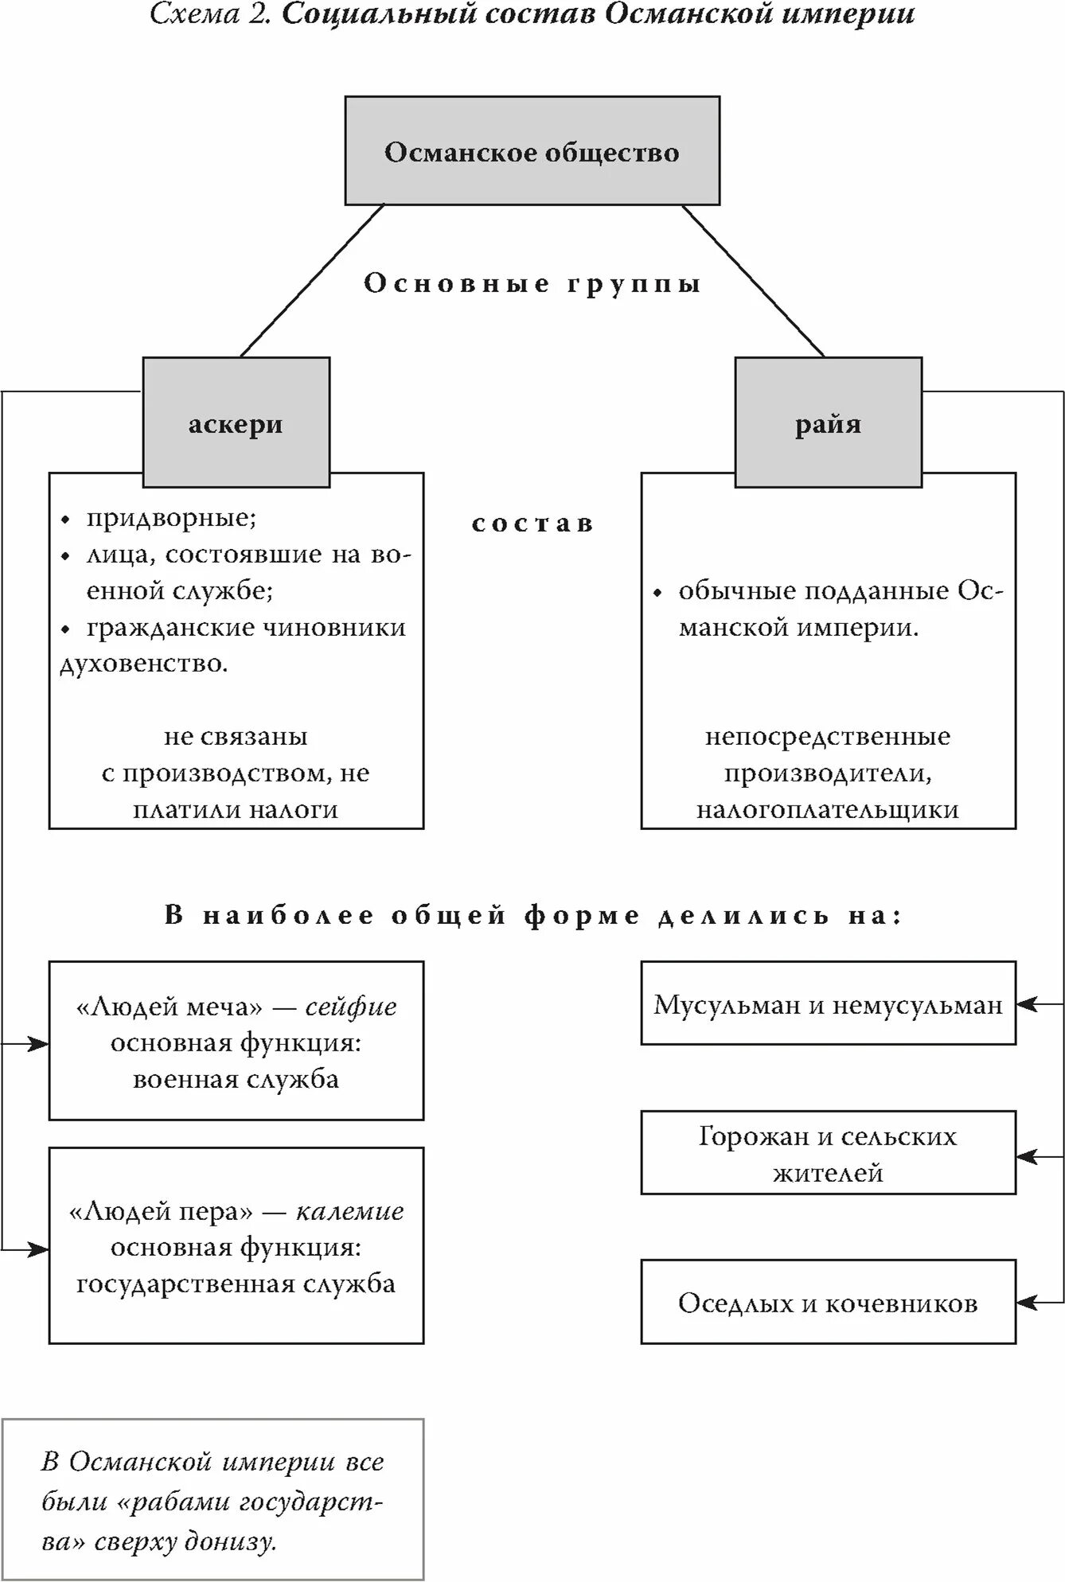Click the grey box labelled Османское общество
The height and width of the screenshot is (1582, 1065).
(x=532, y=151)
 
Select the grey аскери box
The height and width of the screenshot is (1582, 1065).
(x=236, y=423)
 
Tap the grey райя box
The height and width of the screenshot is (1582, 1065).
(x=828, y=423)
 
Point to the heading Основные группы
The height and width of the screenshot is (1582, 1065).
(x=532, y=284)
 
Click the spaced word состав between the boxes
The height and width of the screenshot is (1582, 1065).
(x=532, y=524)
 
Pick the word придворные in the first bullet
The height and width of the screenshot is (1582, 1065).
(x=170, y=518)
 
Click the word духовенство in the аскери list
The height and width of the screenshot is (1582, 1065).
(x=143, y=664)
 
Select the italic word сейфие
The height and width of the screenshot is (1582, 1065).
(x=351, y=1007)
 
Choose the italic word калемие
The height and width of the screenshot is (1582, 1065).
(x=349, y=1211)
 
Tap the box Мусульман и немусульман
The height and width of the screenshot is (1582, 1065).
(x=828, y=1004)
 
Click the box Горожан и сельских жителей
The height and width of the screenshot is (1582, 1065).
(x=828, y=1153)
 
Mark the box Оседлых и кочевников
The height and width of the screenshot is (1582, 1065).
(x=828, y=1303)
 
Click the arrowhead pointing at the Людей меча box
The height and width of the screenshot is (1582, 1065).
(x=40, y=1043)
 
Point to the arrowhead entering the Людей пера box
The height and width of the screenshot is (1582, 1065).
(x=40, y=1249)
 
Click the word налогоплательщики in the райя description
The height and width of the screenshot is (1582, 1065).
(x=828, y=809)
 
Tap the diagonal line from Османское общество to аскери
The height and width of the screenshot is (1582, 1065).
(x=313, y=280)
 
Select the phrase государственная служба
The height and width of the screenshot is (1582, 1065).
(x=236, y=1284)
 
